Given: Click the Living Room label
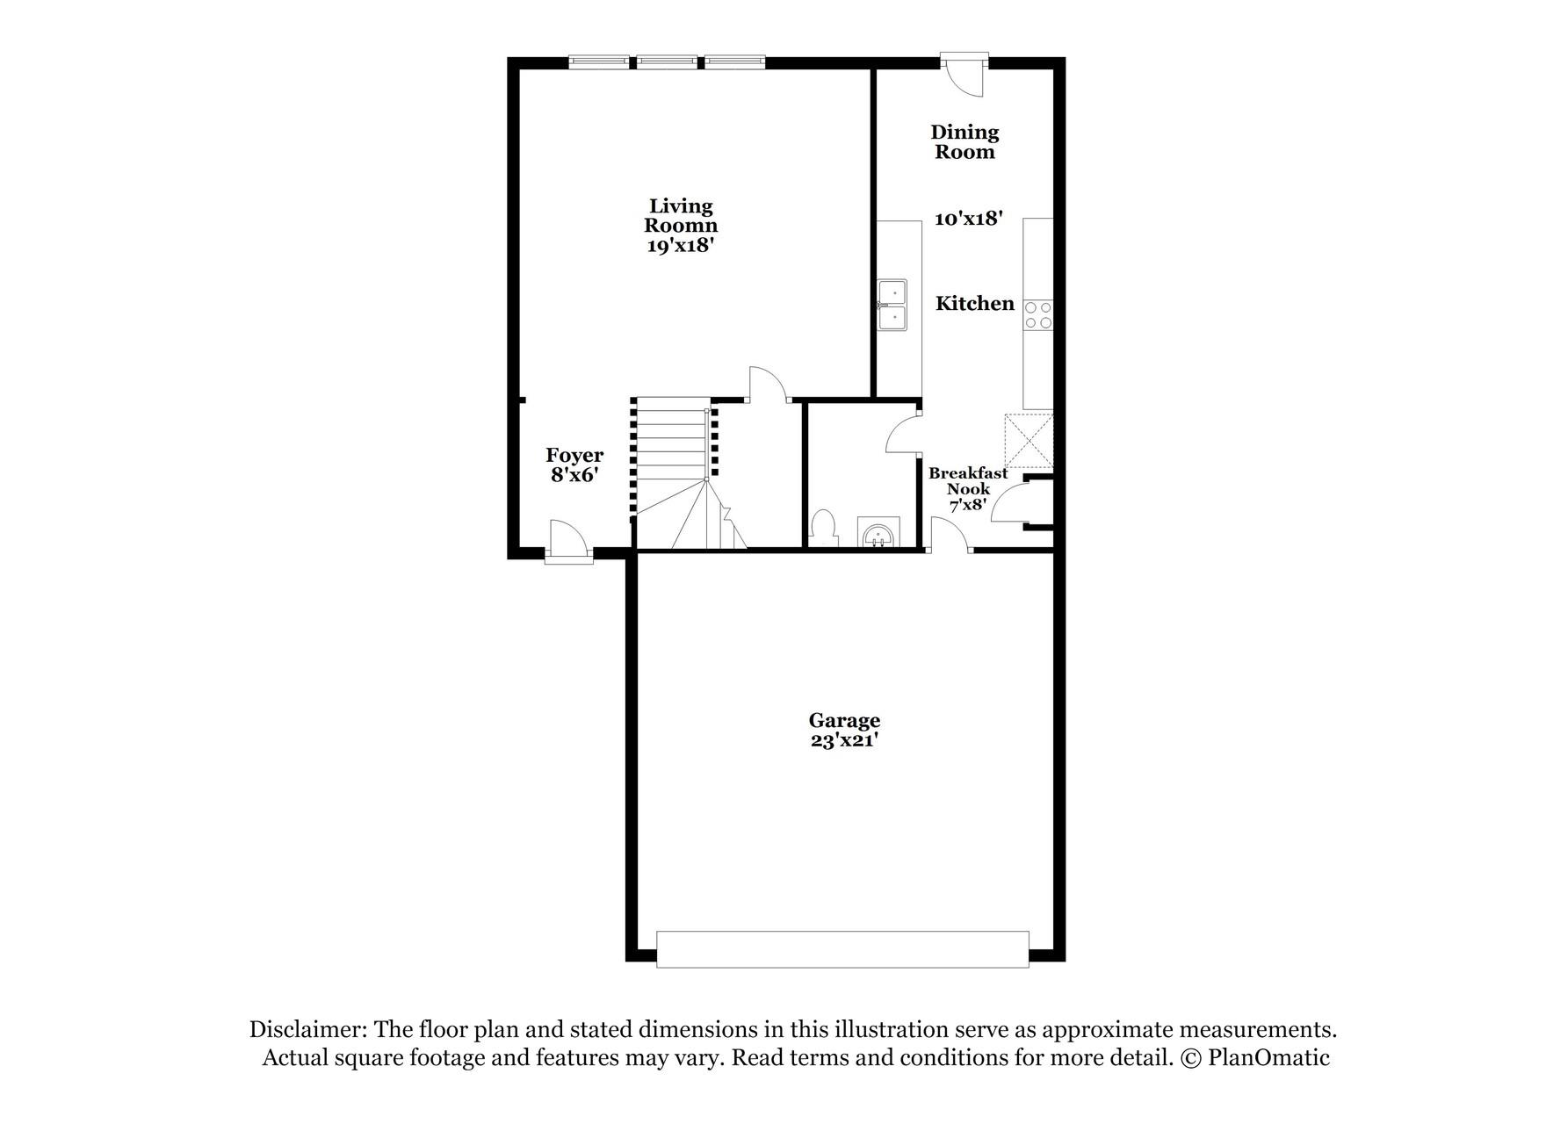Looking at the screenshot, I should pos(681,215).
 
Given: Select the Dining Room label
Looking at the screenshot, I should pos(964,141).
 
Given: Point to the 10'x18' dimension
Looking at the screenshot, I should pos(968,219).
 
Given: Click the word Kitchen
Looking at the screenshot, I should pos(974,304).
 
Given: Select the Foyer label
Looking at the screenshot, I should pos(574,455).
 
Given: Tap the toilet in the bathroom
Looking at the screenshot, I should pos(823,529).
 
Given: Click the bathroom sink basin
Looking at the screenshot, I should pos(877,533).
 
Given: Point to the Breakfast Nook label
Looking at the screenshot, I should pos(968,481).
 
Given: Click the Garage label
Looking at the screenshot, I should pos(844,721).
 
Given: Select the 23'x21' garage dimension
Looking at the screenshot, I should pos(844,741).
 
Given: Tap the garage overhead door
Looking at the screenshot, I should pos(842,949).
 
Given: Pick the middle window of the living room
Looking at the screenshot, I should pos(667,62).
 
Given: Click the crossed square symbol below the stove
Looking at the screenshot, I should pos(1029,441).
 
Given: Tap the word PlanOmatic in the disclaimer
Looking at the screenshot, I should pos(1268,1058).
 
